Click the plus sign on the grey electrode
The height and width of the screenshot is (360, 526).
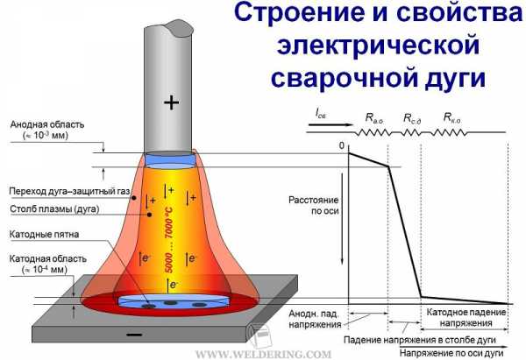(172, 102)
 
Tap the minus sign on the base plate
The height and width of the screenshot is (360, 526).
(134, 335)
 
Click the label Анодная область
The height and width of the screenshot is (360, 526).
(47, 124)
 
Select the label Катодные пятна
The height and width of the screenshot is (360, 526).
(44, 234)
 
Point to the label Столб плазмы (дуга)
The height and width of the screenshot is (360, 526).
(54, 209)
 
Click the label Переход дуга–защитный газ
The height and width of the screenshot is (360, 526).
(69, 192)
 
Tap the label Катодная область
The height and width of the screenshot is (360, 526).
(47, 258)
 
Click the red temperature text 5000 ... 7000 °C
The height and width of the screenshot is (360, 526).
(169, 240)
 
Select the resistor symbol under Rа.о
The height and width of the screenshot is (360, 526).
(374, 133)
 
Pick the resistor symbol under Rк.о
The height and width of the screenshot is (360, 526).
(450, 133)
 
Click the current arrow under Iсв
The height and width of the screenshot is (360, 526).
(331, 124)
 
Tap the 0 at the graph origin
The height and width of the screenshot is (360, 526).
(342, 145)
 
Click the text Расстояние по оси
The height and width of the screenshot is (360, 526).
(314, 206)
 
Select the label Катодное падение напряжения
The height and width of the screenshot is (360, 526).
(466, 317)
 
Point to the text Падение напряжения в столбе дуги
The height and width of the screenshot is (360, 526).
(420, 340)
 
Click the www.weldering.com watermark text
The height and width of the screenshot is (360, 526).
(263, 354)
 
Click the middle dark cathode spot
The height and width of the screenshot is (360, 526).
(170, 303)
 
